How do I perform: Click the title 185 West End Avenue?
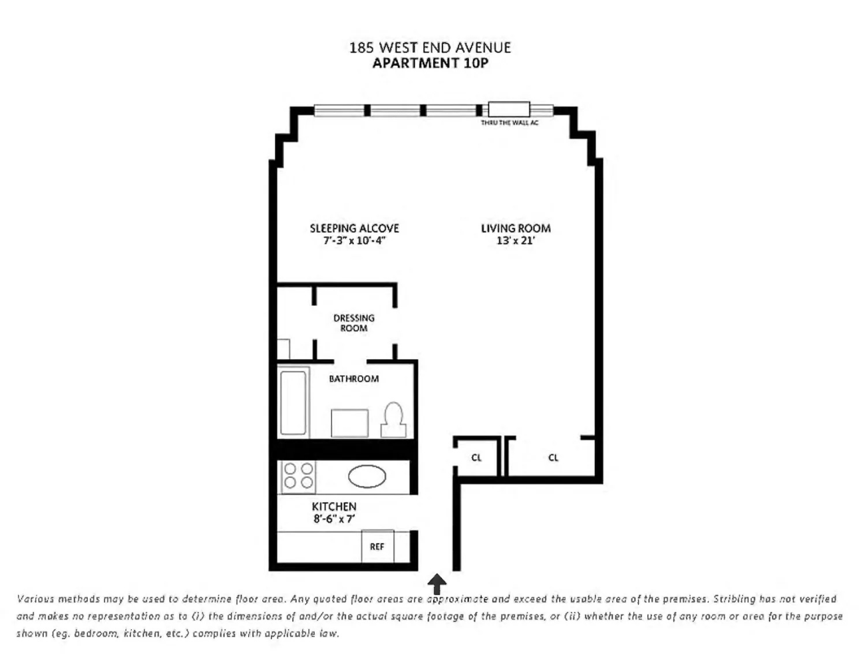[x=430, y=48]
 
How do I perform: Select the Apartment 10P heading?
[x=430, y=64]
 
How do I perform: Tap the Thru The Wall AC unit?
[x=509, y=110]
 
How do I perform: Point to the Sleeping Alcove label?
[x=354, y=228]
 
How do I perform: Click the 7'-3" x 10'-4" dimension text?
[x=354, y=241]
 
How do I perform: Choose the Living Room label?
[x=516, y=228]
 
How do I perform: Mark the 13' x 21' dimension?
[x=516, y=241]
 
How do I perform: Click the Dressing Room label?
[x=354, y=323]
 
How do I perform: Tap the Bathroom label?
[x=354, y=378]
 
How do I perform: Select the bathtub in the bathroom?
[x=293, y=402]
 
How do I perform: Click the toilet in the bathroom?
[x=393, y=420]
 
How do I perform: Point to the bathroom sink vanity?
[x=350, y=423]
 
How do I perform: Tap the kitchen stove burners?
[x=298, y=476]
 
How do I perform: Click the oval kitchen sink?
[x=367, y=477]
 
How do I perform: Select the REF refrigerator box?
[x=377, y=546]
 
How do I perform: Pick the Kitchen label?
[x=334, y=506]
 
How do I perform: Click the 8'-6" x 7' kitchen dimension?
[x=334, y=519]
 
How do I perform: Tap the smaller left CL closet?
[x=476, y=458]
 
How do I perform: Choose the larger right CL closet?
[x=553, y=458]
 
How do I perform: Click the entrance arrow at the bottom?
[x=436, y=585]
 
